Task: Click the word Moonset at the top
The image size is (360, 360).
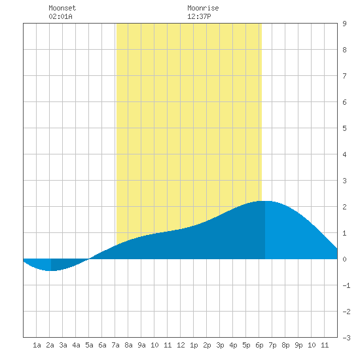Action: [x=62, y=8]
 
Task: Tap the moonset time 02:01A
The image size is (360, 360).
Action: [x=61, y=16]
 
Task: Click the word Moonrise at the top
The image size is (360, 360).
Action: [x=203, y=8]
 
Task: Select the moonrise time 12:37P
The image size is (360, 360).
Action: [x=199, y=16]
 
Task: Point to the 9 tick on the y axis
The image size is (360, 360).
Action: [x=344, y=24]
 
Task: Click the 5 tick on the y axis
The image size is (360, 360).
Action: [x=344, y=128]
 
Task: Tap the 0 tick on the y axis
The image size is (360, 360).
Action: [x=344, y=259]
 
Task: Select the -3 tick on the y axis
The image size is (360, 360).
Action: [x=346, y=338]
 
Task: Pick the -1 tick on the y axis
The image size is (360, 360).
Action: [x=346, y=285]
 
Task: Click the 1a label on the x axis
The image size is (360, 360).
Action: [x=37, y=345]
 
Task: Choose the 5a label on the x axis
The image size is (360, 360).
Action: [x=89, y=345]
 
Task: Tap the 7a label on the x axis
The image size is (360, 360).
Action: [x=115, y=345]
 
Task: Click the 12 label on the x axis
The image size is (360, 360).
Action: [x=181, y=345]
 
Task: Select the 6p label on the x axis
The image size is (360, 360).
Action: [x=259, y=345]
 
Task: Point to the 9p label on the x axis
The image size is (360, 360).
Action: [x=298, y=345]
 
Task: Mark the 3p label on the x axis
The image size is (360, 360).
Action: [x=220, y=345]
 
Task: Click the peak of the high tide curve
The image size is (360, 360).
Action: [x=265, y=201]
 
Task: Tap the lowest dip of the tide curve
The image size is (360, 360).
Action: [x=51, y=271]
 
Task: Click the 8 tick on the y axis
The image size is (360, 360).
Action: [x=344, y=50]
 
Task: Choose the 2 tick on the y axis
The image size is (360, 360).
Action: [x=344, y=207]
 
